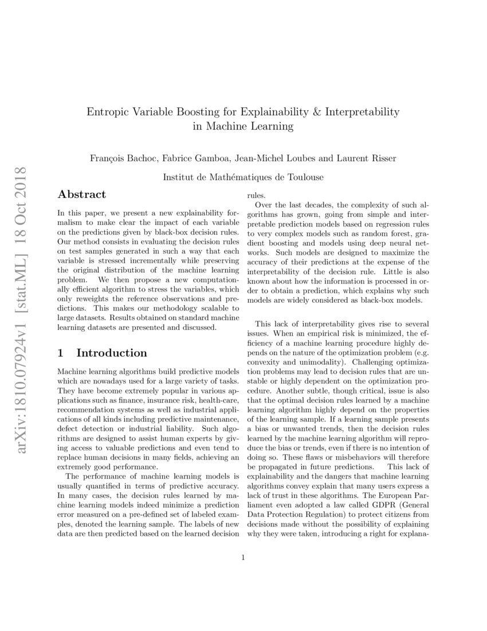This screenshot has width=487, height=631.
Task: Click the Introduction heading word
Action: pyautogui.click(x=112, y=353)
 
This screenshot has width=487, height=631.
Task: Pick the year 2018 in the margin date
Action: pyautogui.click(x=23, y=186)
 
